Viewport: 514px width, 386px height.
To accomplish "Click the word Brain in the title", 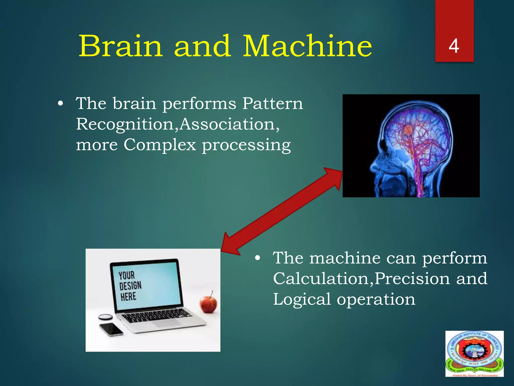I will point(120,46).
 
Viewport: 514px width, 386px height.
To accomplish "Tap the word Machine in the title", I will point(307,46).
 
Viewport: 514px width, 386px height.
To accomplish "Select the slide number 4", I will point(454,46).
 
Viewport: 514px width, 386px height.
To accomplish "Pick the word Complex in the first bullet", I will point(160,145).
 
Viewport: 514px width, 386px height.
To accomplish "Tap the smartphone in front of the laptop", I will point(111,329).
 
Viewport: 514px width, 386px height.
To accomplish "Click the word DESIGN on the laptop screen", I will point(130,286).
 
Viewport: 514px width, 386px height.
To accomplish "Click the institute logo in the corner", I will point(474,353).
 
